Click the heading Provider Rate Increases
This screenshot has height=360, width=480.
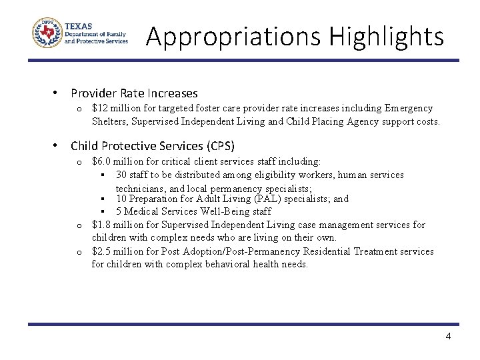point(134,93)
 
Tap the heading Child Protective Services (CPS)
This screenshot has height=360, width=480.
point(153,145)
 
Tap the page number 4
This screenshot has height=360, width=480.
point(448,337)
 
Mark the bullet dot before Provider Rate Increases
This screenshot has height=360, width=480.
point(57,93)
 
